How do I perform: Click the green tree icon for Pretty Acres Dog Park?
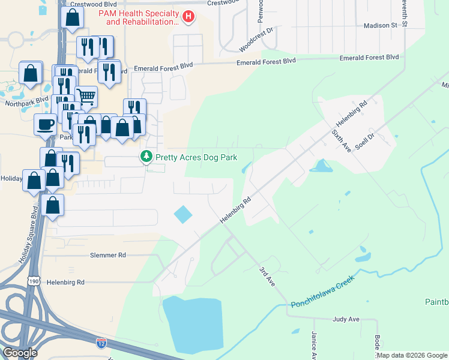tap(145, 157)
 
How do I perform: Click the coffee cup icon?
tap(46, 124)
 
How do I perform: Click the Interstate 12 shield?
tap(102, 343)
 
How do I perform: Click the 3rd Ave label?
tap(267, 276)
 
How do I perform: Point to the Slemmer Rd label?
tap(108, 255)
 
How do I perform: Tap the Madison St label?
tap(381, 26)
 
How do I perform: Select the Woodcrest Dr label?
tap(256, 38)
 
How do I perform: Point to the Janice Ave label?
tap(314, 345)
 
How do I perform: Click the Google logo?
tap(20, 353)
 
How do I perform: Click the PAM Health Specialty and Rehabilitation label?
tap(142, 17)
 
